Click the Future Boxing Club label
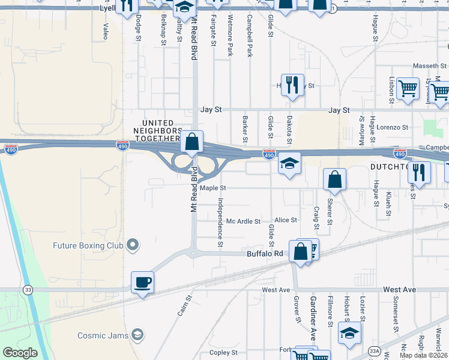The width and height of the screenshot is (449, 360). click(88, 245)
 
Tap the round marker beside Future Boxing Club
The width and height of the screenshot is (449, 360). click(133, 245)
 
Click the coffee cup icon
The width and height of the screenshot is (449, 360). click(142, 281)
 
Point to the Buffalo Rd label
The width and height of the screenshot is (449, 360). click(265, 254)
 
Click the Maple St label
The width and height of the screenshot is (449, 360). click(212, 188)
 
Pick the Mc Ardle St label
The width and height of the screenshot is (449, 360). click(243, 221)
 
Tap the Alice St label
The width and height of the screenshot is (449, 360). click(286, 220)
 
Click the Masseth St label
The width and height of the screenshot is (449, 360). click(429, 65)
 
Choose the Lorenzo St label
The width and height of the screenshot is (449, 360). click(392, 127)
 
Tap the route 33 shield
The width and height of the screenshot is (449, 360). click(28, 290)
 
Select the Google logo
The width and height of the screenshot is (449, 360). click(20, 353)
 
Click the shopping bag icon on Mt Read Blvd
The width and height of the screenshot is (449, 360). click(191, 142)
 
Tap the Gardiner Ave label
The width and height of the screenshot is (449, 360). click(313, 319)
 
